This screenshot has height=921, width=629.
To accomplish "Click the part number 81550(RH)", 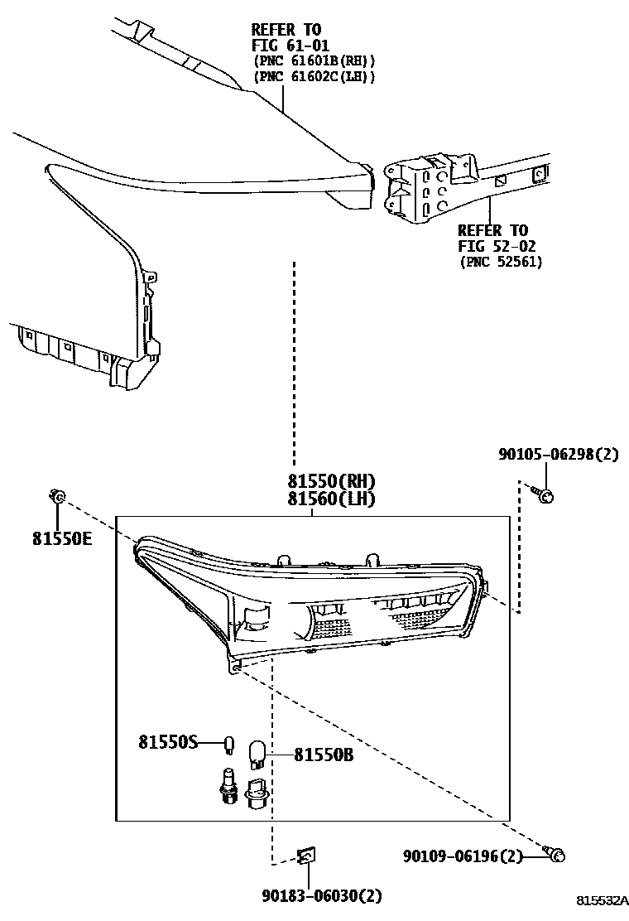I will (x=331, y=481).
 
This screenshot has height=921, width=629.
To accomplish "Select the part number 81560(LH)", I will (x=331, y=499).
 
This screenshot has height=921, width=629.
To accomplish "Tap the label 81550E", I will (x=63, y=538).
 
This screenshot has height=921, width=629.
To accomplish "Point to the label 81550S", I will (x=168, y=742).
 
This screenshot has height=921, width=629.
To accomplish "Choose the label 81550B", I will (x=325, y=755).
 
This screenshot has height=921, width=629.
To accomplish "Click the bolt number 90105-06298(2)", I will (x=558, y=454).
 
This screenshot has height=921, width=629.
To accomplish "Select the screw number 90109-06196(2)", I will (x=464, y=856).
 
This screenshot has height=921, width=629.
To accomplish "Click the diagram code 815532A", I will (x=603, y=900).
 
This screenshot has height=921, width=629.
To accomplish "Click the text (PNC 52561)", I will (x=500, y=263).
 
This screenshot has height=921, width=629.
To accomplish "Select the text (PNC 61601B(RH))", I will (x=314, y=60).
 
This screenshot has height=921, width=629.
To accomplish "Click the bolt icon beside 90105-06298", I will (x=545, y=494).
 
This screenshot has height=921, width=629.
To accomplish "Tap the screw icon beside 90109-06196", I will (x=556, y=852).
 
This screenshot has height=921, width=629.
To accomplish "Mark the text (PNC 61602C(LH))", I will (x=314, y=76).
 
